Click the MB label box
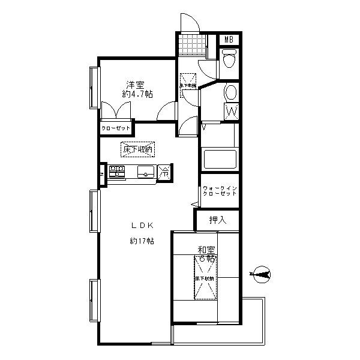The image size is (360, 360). pos(228,40)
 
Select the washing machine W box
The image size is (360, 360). pos(232,111)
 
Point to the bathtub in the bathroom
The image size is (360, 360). pos(220,160)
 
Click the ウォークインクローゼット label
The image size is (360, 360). pos(220,192)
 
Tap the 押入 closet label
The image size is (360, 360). pos(218,220)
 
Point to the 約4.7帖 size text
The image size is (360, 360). pos(137,95)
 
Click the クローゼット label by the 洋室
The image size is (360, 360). pos(115,128)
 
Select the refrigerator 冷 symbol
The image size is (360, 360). pos(164,172)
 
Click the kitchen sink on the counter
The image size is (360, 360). pos(145,171)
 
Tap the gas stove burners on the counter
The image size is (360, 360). pos(116,171)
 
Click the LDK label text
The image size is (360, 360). pos(143,226)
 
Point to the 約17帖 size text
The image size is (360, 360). pos(142,241)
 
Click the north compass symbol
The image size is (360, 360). pos(262,275)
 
